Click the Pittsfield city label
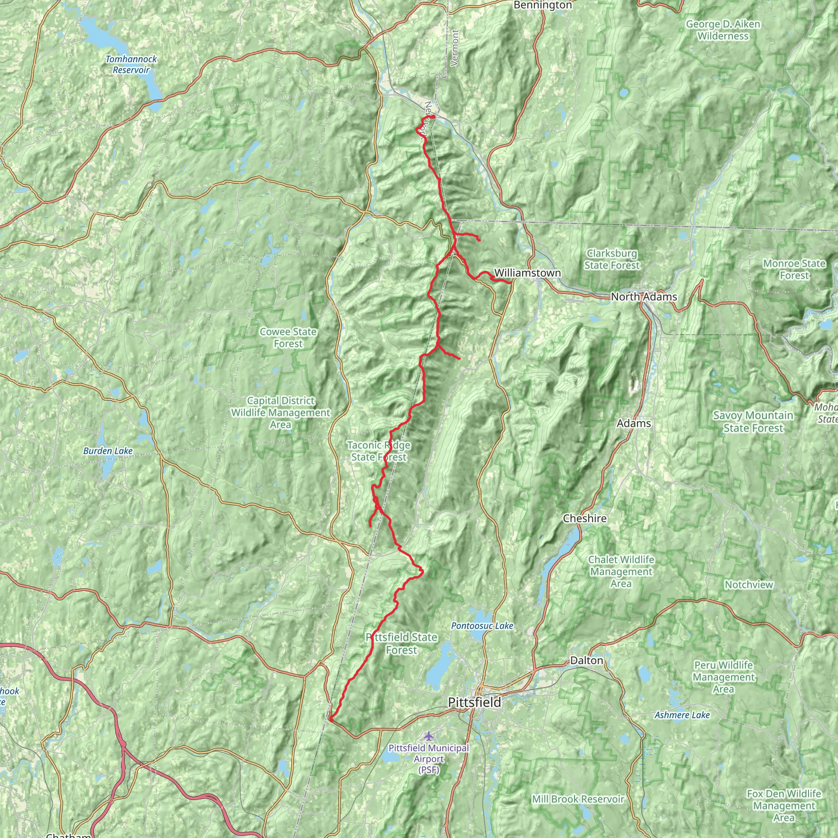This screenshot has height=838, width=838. tap(474, 702)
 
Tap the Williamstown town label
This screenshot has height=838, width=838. tap(527, 273)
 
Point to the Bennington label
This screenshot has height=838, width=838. tap(542, 5)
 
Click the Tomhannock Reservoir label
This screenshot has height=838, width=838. tap(131, 64)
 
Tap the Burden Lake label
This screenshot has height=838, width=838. tap(108, 451)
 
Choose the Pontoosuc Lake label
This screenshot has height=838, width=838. tap(482, 626)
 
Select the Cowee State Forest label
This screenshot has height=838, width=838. tap(288, 338)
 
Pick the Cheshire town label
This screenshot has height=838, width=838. tap(584, 518)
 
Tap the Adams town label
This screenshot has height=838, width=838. tap(633, 423)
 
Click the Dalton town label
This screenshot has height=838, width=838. tap(586, 660)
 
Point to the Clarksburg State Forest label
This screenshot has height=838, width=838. tap(612, 259)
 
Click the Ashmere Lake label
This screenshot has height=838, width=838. tap(682, 715)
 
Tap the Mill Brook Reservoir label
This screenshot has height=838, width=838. tap(578, 799)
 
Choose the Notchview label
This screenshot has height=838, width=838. tap(749, 584)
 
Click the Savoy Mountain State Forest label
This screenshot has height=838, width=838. tap(753, 421)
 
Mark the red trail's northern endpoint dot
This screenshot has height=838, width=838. tap(433, 117)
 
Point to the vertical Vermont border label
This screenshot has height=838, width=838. tap(455, 48)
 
